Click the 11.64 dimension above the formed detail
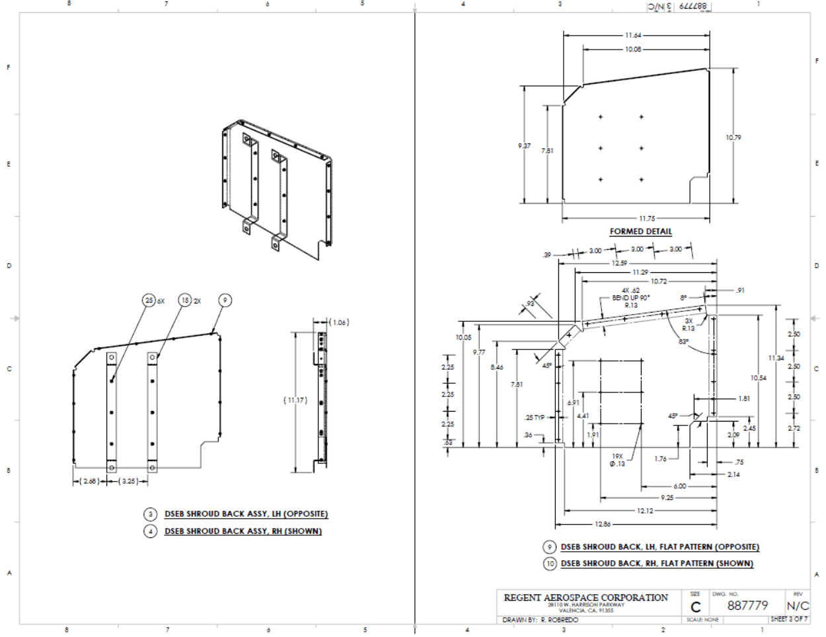(633, 35)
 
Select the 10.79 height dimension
(733, 137)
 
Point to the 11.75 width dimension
(646, 219)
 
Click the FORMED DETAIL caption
(640, 231)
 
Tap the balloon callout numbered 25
(149, 301)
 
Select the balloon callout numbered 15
(185, 301)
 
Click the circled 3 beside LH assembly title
(151, 514)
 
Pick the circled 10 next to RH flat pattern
(550, 564)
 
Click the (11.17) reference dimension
(295, 400)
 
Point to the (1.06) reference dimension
(339, 322)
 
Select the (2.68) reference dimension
(89, 481)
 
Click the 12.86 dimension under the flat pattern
(603, 524)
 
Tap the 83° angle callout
(684, 342)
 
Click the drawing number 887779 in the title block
(747, 605)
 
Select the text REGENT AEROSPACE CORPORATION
(585, 597)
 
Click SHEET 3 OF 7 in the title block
(789, 619)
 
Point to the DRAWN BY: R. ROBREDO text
(540, 620)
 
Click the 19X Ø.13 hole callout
(617, 460)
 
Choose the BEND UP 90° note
(630, 298)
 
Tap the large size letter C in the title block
(696, 607)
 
